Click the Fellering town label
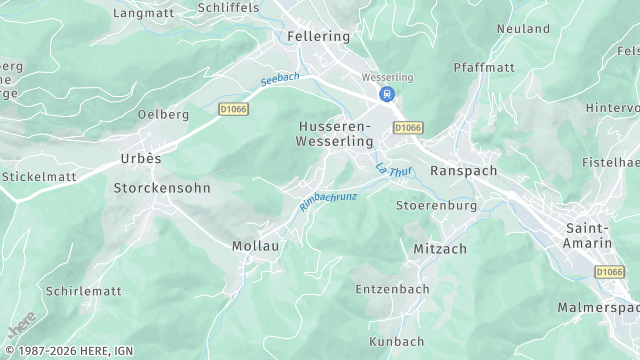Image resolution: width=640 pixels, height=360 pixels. point(319,36)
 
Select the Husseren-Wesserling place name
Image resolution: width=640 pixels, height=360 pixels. point(334,134)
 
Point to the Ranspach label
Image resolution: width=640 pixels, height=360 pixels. point(463,171)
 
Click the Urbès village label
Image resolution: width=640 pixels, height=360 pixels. point(141,158)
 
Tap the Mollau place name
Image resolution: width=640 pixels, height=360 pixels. point(255,245)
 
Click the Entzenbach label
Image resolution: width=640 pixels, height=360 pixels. point(393,289)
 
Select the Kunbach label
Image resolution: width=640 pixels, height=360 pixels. point(397,341)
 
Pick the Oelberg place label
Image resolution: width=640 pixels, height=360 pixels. point(163,115)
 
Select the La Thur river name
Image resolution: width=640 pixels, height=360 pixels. point(393,171)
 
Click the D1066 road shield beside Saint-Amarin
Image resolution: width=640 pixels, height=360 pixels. point(609,271)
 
